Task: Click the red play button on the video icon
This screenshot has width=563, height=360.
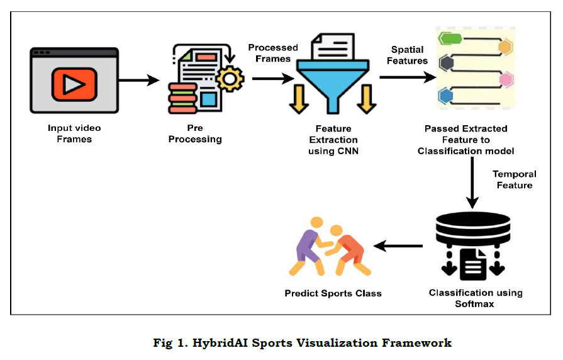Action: [74, 86]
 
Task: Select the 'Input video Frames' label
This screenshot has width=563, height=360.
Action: [74, 133]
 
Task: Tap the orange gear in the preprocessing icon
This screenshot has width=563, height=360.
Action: [228, 78]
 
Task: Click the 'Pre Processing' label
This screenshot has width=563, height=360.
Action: [195, 133]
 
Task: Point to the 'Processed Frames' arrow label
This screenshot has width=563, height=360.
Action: [272, 53]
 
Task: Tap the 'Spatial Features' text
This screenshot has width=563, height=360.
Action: [409, 55]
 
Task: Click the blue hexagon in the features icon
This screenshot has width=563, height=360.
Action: [447, 96]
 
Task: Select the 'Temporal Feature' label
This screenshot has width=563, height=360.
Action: [515, 179]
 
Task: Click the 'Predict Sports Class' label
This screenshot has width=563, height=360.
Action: [333, 293]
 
